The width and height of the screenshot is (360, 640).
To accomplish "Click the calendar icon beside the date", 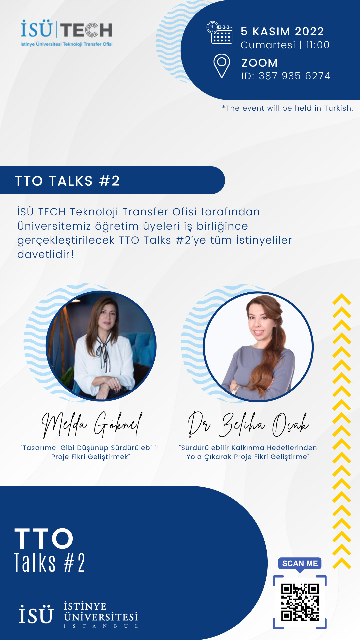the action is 219,32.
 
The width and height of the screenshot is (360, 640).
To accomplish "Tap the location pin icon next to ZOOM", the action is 222,66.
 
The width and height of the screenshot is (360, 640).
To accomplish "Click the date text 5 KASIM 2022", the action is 282,31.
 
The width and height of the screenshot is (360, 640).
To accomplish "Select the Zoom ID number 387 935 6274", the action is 295,76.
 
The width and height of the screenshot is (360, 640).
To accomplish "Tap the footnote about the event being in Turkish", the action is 287,108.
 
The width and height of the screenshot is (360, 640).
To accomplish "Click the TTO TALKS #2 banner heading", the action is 67,181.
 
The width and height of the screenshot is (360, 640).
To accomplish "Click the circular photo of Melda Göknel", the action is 101,346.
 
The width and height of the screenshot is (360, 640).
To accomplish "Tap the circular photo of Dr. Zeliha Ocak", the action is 258,347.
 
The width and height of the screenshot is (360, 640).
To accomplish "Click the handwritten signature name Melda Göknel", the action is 92,424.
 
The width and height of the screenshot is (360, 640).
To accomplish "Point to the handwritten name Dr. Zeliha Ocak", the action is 248,424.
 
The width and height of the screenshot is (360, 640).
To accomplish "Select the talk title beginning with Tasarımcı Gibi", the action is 90,452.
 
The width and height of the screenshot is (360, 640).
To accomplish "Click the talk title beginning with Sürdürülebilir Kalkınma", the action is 248,452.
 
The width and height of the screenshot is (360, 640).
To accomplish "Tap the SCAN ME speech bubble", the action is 300,564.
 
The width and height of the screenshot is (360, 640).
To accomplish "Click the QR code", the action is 300,602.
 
